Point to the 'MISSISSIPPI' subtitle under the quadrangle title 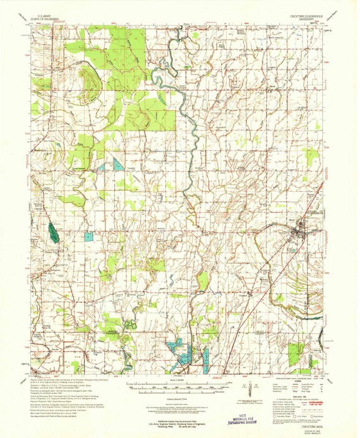(x=311, y=21)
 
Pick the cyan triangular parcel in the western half (x=119, y=165)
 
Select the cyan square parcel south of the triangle (x=89, y=236)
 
